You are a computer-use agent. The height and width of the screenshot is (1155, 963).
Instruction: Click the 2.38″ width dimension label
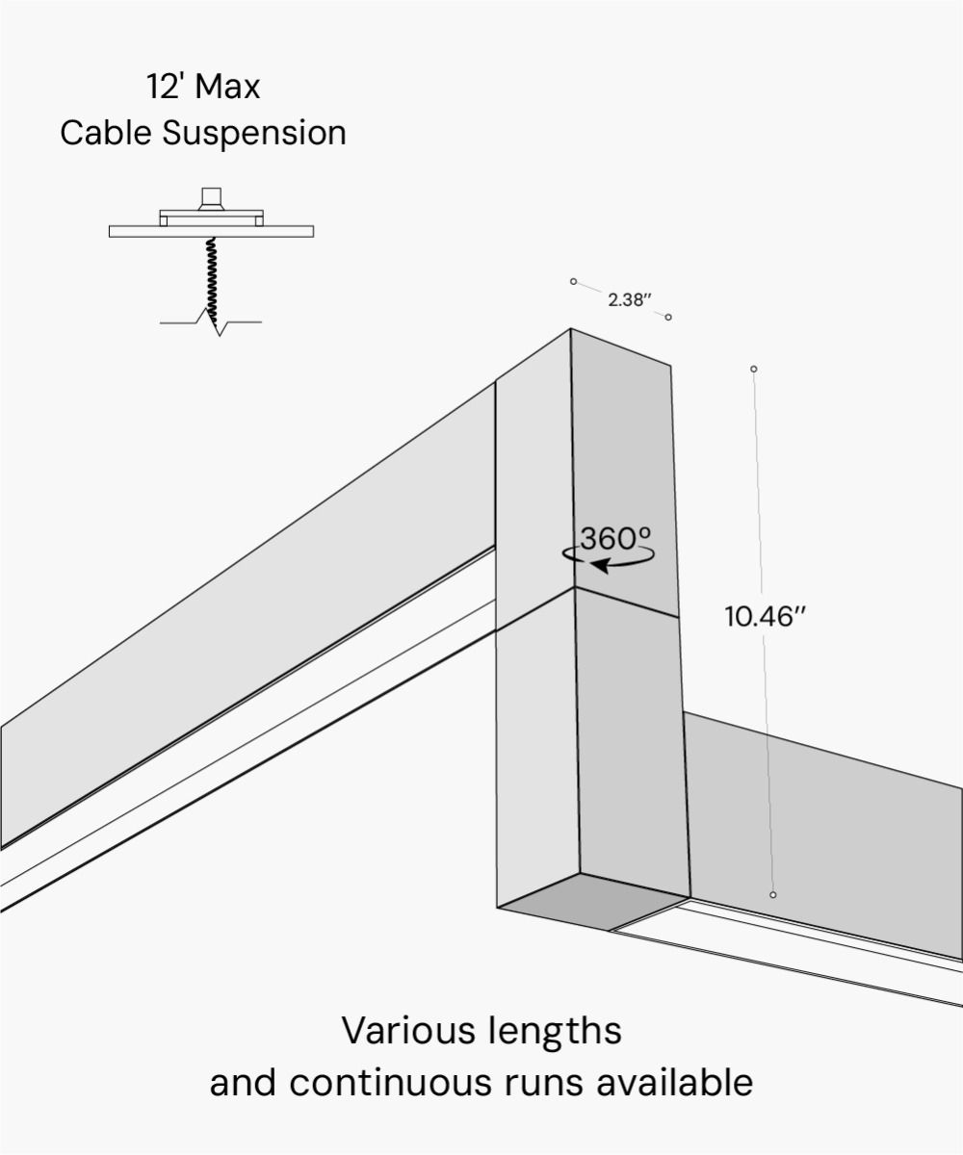tap(630, 299)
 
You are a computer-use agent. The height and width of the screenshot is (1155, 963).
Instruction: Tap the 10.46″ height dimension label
tap(764, 617)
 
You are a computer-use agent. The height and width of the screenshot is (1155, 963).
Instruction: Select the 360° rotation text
tap(615, 539)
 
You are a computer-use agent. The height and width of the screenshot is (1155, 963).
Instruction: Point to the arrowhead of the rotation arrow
tap(597, 566)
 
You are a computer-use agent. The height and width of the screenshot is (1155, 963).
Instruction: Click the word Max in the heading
tap(227, 87)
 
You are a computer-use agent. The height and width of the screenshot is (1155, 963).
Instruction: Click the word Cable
tap(106, 133)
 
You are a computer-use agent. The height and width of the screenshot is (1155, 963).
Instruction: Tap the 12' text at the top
tap(165, 87)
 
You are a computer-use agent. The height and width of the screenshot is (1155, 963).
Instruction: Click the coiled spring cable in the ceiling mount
tap(211, 274)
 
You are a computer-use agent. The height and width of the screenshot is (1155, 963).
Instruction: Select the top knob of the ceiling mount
tap(211, 198)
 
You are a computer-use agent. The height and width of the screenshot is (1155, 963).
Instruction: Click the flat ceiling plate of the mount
tap(211, 231)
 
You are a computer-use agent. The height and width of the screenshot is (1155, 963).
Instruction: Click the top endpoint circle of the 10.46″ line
tap(754, 369)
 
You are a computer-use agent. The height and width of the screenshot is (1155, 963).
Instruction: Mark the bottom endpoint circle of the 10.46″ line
tap(772, 895)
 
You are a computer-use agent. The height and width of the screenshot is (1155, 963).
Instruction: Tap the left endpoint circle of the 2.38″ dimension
tap(573, 281)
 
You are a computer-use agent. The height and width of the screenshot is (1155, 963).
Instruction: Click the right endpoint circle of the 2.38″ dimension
tap(668, 317)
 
